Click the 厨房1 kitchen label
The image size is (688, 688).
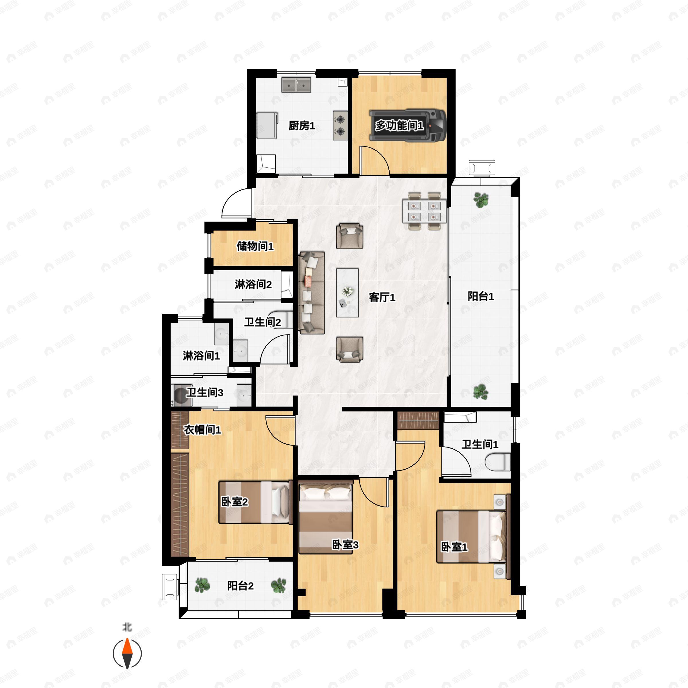point(302,126)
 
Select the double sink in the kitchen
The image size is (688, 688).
point(296,85)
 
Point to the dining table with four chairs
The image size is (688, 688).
point(424,211)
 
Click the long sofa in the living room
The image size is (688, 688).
point(312,293)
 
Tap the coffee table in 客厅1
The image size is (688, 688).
point(347,293)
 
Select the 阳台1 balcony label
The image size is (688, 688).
point(481,296)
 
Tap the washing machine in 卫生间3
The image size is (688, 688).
point(182,395)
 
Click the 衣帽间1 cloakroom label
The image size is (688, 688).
point(202,430)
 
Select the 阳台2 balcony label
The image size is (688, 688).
point(241,586)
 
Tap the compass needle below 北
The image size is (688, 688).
point(127,654)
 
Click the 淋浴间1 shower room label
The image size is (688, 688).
point(201,355)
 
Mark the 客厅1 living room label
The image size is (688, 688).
point(382,297)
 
